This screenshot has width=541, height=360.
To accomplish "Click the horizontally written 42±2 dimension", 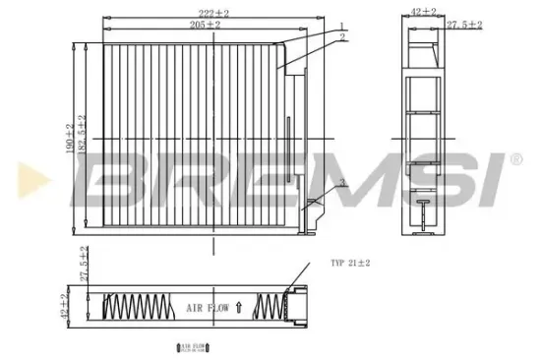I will [x=424, y=13].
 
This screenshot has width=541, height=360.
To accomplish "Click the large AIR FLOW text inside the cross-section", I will [x=208, y=308].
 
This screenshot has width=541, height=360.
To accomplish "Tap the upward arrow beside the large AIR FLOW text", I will [x=239, y=308].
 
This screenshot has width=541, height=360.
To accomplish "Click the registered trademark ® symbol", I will [x=514, y=158].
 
